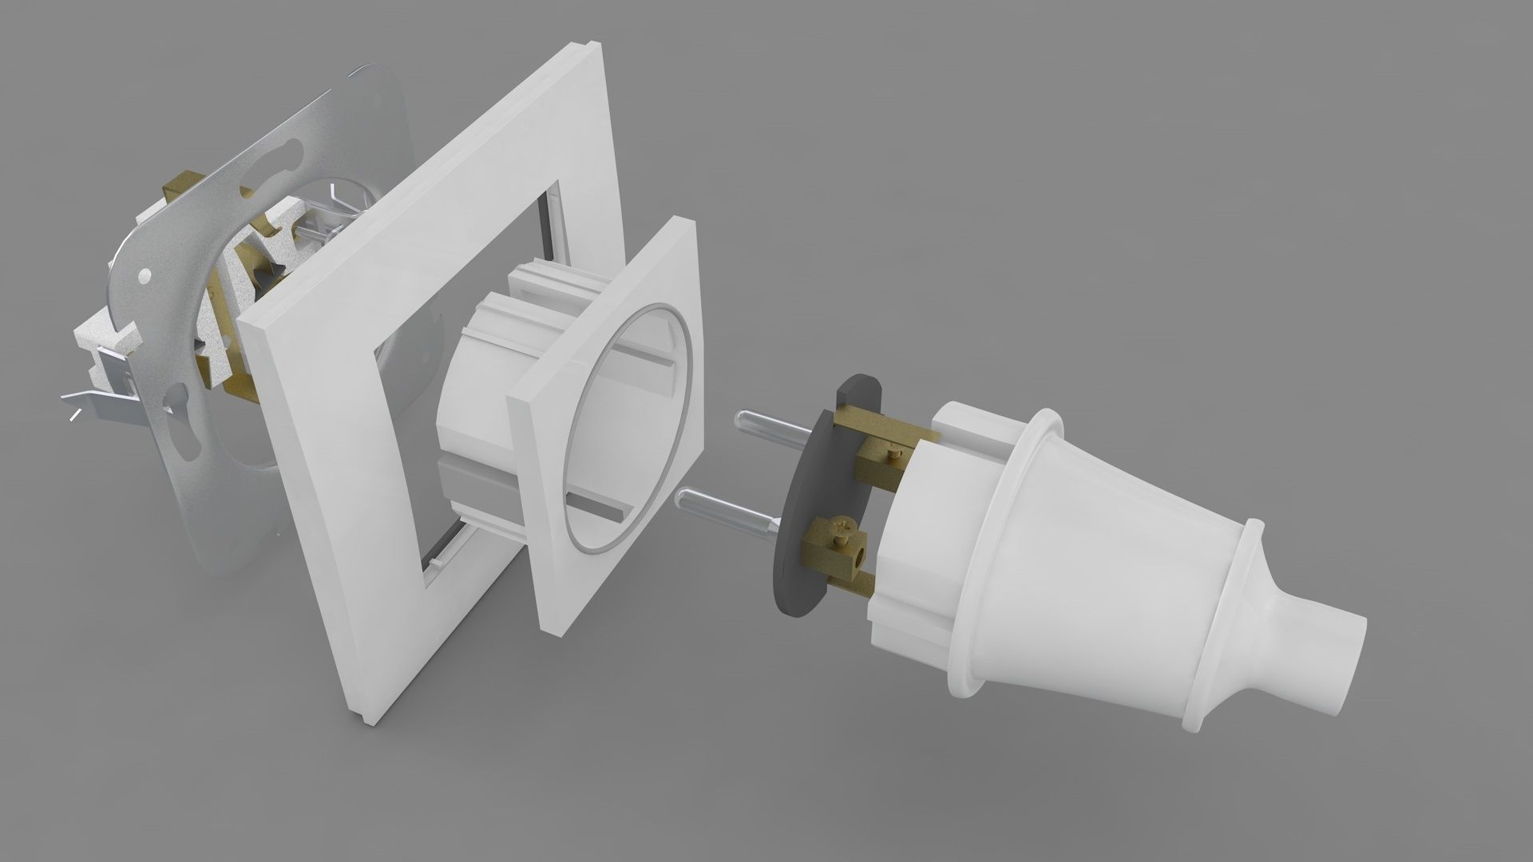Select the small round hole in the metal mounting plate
[144, 275]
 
